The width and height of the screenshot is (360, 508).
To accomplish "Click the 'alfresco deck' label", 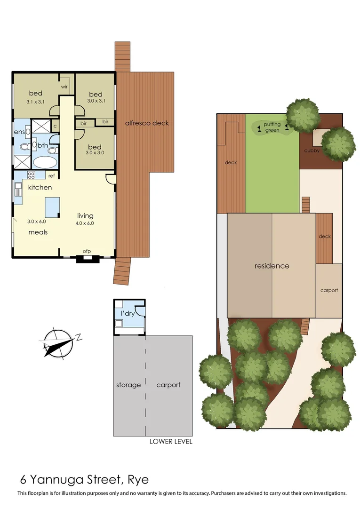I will click(x=147, y=123).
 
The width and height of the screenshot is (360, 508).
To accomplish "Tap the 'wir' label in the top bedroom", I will click(x=64, y=87).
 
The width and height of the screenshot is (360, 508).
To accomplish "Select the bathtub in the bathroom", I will click(x=45, y=163).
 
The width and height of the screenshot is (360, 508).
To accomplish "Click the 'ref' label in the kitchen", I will click(x=51, y=176).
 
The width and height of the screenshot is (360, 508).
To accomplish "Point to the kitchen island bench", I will click(x=52, y=206).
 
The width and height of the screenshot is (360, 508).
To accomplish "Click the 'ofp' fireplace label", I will click(x=87, y=251).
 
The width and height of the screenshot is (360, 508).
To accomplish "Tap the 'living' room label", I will click(x=86, y=216).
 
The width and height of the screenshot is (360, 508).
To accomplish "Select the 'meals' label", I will click(x=38, y=232).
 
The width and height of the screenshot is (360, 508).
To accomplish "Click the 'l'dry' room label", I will click(x=128, y=313).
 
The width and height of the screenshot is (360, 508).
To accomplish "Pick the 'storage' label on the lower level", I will click(x=128, y=385).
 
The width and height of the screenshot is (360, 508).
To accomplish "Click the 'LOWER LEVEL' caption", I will click(x=171, y=442).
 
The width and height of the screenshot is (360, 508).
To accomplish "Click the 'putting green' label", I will click(x=272, y=127).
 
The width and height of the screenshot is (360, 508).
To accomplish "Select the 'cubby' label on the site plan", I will click(x=312, y=151).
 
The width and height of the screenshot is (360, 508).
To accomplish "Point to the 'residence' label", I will click(x=272, y=266).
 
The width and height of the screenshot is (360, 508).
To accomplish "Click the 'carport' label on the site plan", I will click(x=329, y=290).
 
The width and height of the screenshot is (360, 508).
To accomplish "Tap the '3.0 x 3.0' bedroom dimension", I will click(x=96, y=153).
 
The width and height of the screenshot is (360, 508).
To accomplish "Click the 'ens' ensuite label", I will click(x=19, y=132).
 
